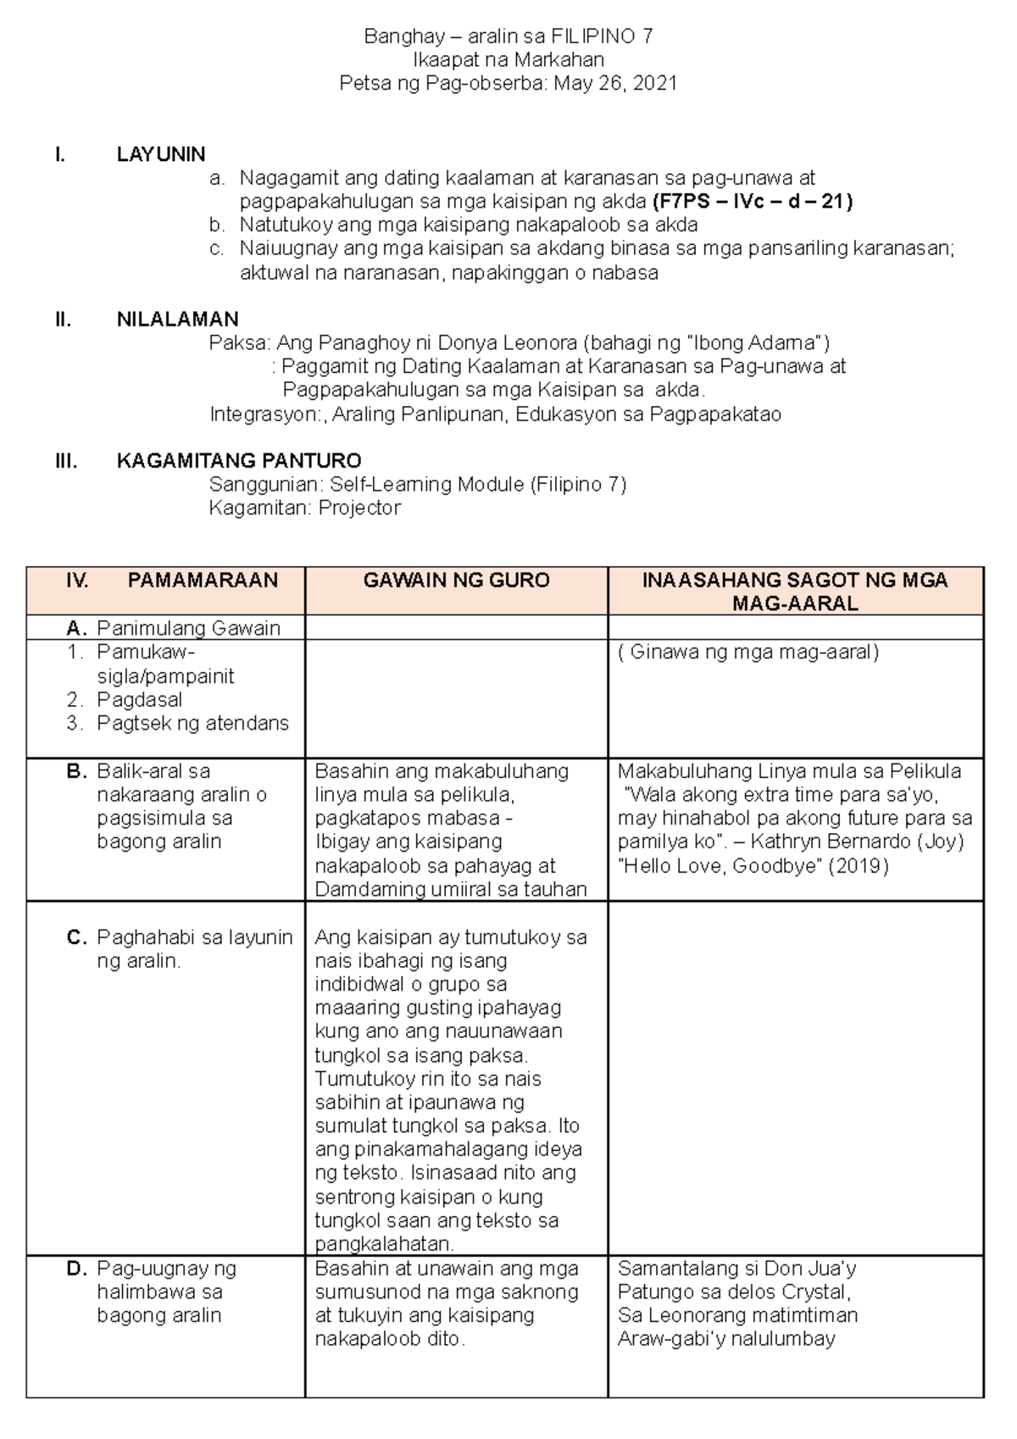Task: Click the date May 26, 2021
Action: [x=615, y=83]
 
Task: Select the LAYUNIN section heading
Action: [x=161, y=154]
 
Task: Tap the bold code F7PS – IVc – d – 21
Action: [x=752, y=202]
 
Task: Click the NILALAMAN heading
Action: [x=177, y=319]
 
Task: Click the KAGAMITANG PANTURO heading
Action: [x=238, y=461]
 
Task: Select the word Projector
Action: [x=359, y=508]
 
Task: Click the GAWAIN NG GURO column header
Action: [x=456, y=581]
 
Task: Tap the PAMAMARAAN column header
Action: [x=203, y=581]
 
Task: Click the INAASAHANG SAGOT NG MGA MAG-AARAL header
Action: [x=795, y=592]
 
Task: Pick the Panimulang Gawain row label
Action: [x=188, y=629]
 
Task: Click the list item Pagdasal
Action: [x=139, y=700]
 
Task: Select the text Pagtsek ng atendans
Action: [x=192, y=724]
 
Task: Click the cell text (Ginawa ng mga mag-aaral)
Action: [x=748, y=653]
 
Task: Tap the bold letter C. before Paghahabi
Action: [x=76, y=938]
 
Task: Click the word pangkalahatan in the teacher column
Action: [x=384, y=1245]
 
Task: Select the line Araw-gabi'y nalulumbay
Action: [x=726, y=1340]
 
